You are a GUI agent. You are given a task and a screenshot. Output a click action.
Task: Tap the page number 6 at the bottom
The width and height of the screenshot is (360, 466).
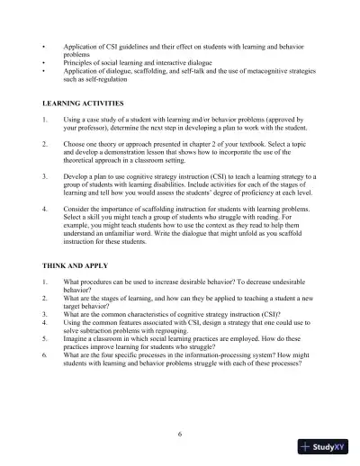(x=179, y=435)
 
